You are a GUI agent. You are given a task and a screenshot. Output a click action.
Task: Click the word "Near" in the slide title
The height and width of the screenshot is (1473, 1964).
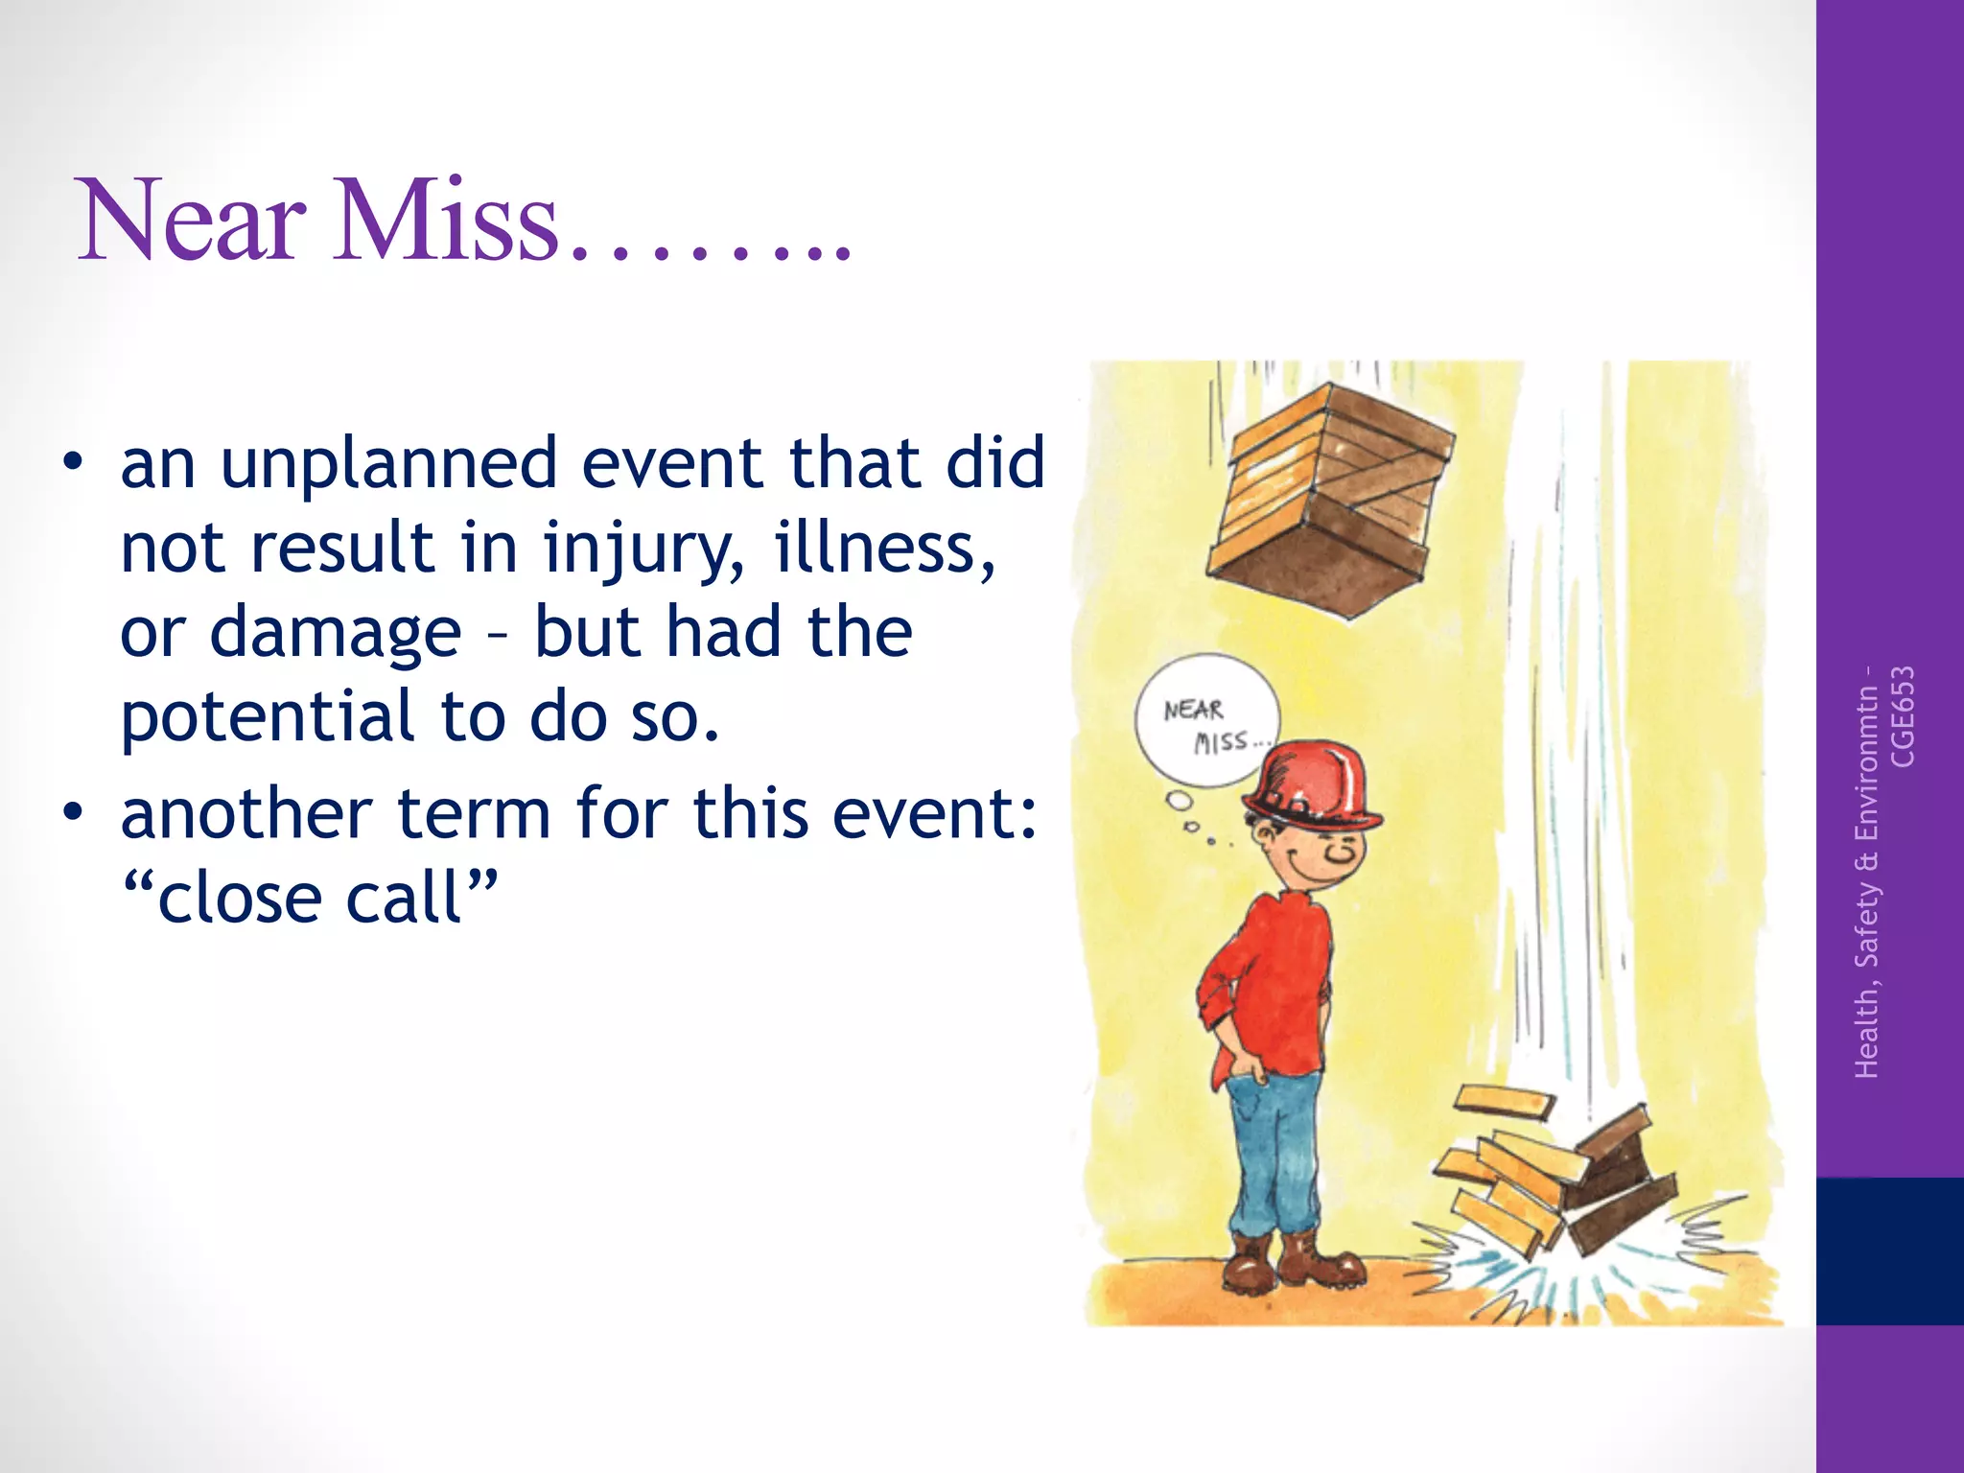(192, 221)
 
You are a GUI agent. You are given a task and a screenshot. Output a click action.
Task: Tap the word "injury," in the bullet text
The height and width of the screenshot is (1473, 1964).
(643, 549)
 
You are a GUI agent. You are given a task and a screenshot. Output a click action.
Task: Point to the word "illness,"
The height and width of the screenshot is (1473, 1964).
(884, 548)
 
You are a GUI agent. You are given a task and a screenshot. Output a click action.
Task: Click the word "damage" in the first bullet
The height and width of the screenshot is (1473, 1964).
(336, 634)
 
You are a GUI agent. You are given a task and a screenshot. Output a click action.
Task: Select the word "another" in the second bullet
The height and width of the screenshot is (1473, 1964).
(245, 814)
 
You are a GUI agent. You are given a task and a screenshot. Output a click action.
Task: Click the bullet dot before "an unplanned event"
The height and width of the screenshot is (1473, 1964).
(72, 462)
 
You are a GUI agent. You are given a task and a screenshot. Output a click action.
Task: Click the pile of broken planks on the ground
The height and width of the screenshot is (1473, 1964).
(1554, 1175)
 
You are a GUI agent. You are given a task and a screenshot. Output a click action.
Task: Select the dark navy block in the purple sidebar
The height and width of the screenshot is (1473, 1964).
(1889, 1251)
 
